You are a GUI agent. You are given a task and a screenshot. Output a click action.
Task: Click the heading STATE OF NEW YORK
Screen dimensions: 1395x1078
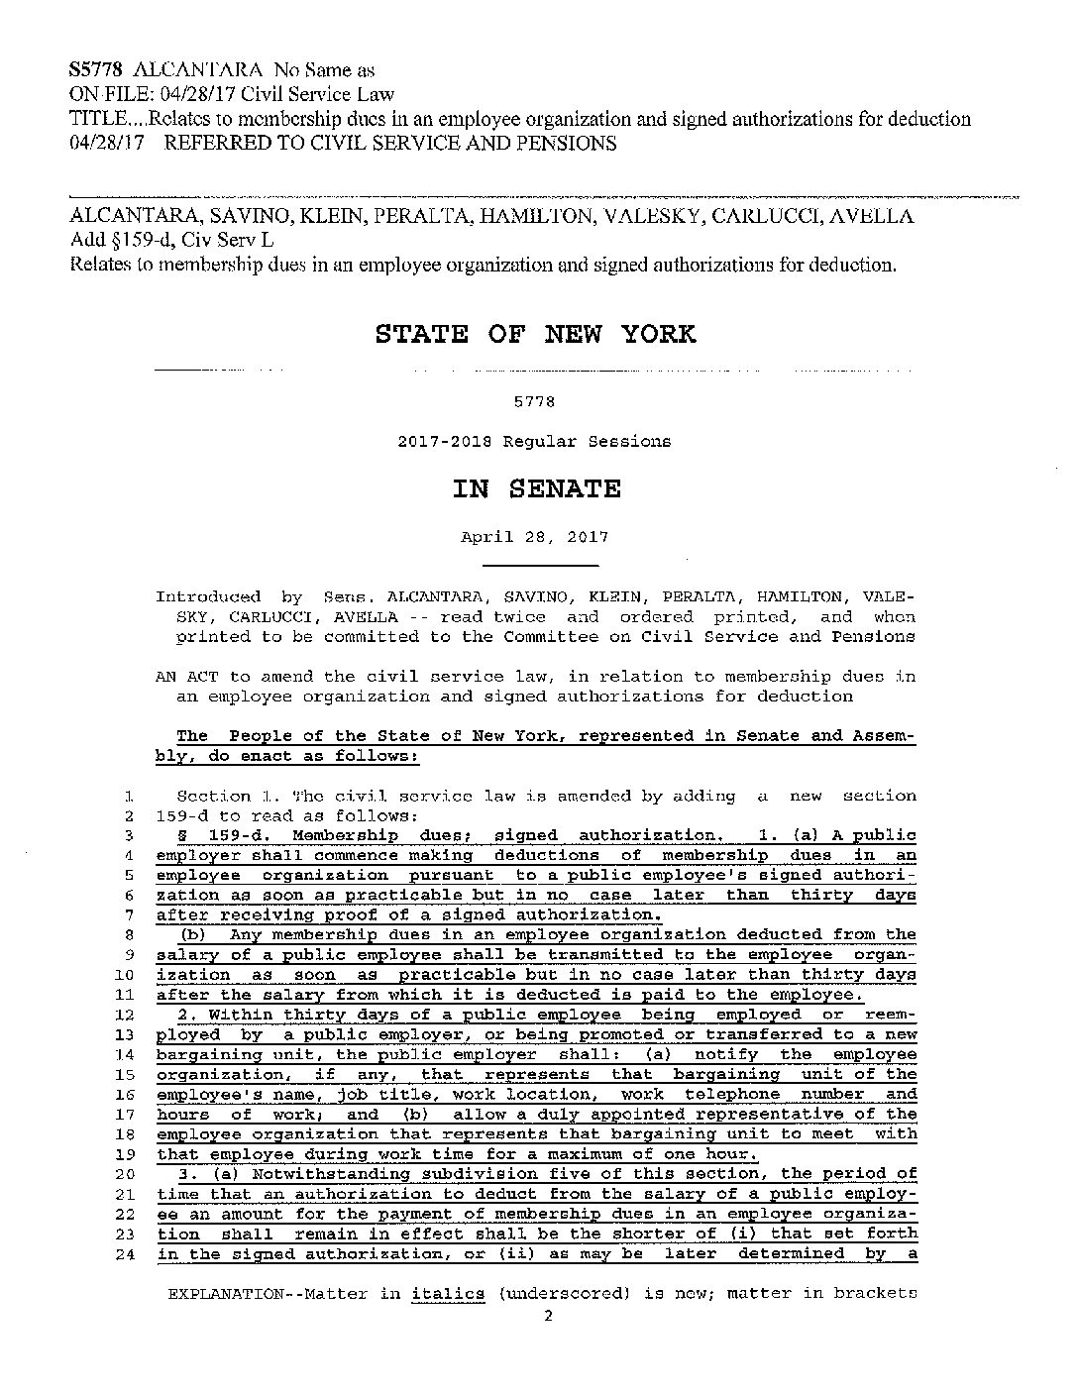[x=535, y=333]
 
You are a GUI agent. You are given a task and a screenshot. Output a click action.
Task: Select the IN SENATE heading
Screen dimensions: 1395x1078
[x=537, y=488]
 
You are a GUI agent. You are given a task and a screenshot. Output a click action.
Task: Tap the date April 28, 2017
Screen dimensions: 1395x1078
[x=534, y=537]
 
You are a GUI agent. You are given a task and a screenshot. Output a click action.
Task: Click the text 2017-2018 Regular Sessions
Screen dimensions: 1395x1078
[x=534, y=441]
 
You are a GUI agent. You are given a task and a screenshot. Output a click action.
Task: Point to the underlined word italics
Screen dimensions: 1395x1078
[x=448, y=1293]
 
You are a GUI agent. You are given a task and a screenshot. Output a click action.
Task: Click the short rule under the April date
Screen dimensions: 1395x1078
[x=540, y=566]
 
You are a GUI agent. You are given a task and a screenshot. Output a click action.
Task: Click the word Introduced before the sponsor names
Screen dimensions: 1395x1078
[x=208, y=596]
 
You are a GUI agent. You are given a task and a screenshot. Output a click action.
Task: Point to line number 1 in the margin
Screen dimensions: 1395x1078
[x=129, y=796]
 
